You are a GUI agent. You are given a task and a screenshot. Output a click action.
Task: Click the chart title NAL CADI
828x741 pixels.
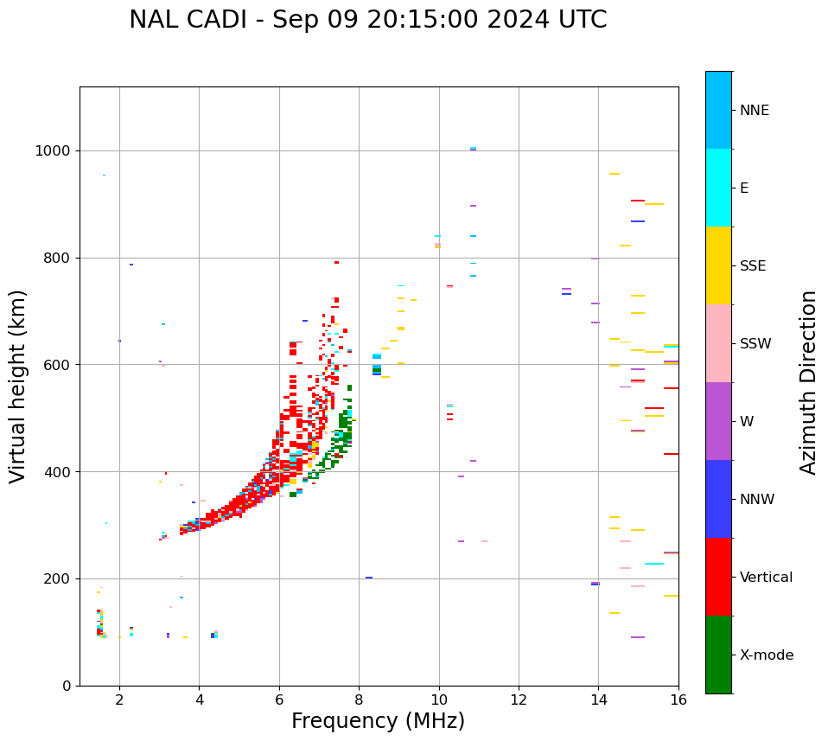(367, 20)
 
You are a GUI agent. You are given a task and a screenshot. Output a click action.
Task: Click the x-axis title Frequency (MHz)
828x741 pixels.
(378, 721)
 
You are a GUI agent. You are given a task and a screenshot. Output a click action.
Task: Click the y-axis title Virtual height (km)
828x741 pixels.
(18, 386)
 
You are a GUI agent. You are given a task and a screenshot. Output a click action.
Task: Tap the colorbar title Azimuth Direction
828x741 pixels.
(808, 382)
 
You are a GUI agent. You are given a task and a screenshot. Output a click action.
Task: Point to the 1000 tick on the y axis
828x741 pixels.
(58, 150)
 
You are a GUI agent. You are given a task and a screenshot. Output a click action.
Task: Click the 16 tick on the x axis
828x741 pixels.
(678, 699)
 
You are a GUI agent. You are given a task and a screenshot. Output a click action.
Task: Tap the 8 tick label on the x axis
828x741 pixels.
(359, 699)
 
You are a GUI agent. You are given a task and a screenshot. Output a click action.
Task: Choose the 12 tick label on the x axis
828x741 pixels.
(519, 699)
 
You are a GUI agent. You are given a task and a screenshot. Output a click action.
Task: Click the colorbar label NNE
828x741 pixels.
(754, 111)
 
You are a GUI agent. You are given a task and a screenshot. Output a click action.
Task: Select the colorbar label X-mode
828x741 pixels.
(766, 655)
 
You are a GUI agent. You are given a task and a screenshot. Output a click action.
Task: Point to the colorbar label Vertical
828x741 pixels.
(766, 578)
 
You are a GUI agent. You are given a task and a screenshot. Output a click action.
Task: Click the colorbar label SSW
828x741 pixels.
(755, 344)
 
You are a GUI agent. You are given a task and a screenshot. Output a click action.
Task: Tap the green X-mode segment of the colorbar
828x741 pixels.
(718, 655)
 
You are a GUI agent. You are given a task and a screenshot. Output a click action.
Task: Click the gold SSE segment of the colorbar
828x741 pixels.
(718, 265)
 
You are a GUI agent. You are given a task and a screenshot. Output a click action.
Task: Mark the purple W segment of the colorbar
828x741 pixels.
(718, 421)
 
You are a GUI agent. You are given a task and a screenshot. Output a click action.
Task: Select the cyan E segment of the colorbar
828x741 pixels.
(718, 188)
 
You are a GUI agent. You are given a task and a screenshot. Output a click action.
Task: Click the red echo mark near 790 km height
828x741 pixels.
(336, 262)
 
